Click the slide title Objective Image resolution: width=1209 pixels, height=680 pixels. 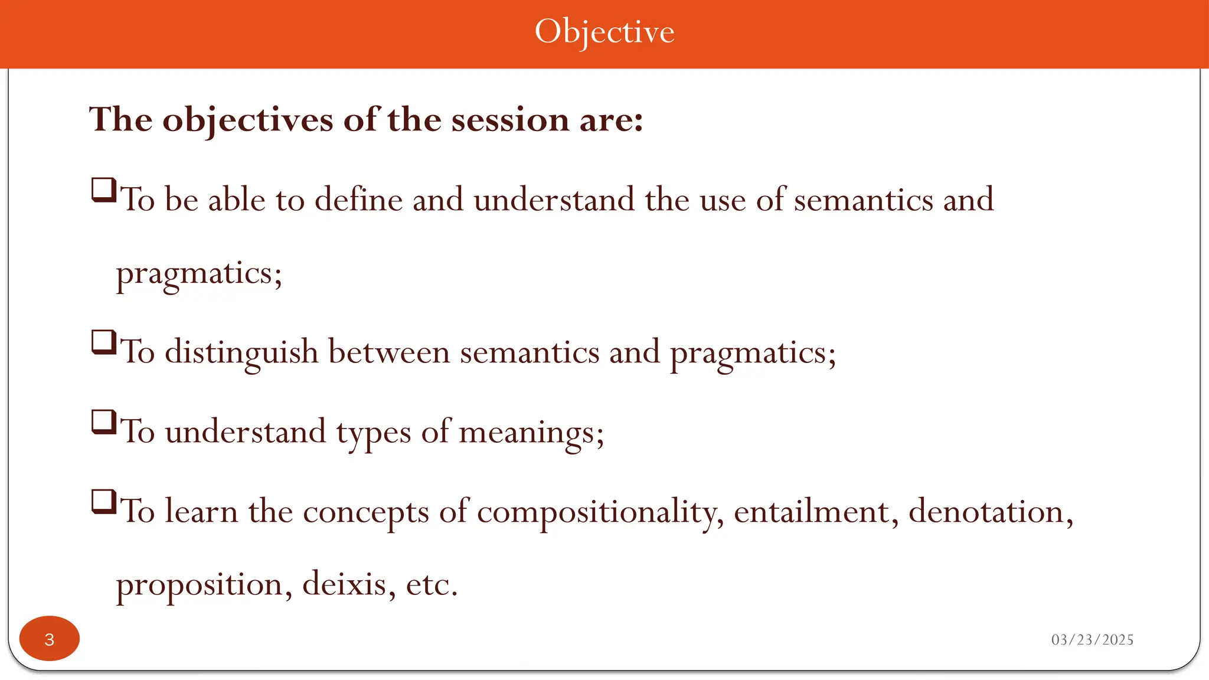point(604,32)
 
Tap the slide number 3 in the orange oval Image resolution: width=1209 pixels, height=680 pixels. point(50,639)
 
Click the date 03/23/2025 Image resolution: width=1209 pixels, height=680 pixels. point(1092,640)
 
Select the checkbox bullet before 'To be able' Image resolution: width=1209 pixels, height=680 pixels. point(104,191)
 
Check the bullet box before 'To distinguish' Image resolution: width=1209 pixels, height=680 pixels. point(104,342)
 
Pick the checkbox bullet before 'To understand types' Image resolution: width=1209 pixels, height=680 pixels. point(104,423)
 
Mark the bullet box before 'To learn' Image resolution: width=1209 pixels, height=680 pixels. point(104,502)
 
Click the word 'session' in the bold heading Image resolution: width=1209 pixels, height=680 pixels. point(510,120)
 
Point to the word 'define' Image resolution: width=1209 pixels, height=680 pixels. point(358,200)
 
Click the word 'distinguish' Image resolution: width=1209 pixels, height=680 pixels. point(241,352)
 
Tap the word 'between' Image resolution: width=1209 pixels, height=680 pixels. point(389,352)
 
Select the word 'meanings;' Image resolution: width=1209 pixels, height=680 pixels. point(531,433)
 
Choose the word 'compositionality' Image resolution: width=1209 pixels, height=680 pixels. point(600,512)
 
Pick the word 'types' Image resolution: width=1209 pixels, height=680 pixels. point(373,433)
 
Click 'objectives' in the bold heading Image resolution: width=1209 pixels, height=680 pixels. point(247,120)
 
